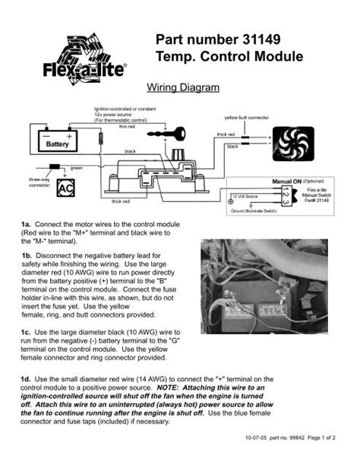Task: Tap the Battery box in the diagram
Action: tap(57, 142)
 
